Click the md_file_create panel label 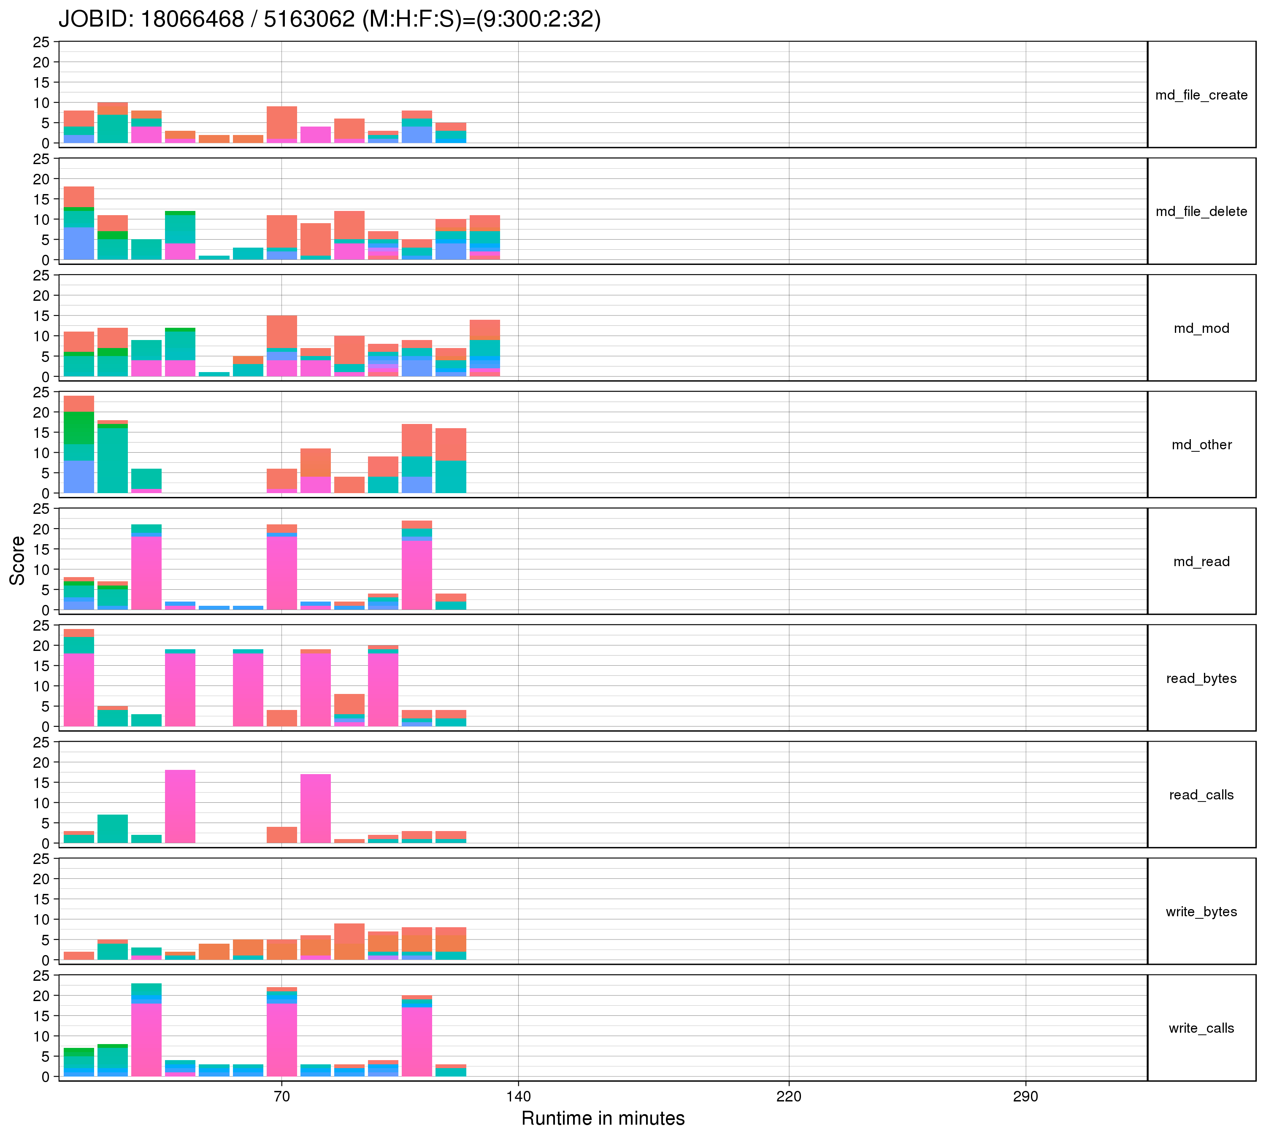pos(1201,95)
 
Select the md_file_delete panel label pos(1201,211)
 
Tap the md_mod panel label pos(1201,329)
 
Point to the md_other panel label pos(1201,445)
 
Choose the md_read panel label pos(1201,561)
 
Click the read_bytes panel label pos(1201,678)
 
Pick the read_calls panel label pos(1201,795)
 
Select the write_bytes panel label pos(1201,912)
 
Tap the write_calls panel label pos(1201,1028)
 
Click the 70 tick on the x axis pos(282,1096)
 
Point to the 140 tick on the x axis pos(518,1096)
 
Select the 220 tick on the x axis pos(789,1096)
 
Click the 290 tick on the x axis pos(1025,1096)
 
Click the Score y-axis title pos(18,561)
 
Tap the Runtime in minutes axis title pos(603,1118)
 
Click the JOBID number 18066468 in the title pos(192,19)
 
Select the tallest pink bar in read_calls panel pos(180,806)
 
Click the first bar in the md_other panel pos(79,444)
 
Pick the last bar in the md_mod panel pos(484,348)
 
